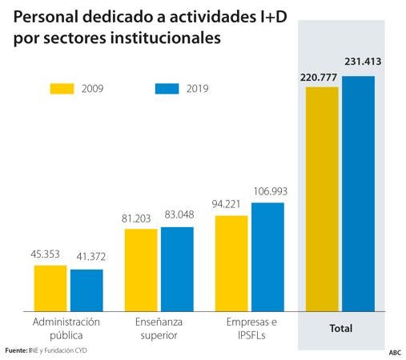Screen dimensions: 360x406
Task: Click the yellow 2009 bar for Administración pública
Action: tap(50, 287)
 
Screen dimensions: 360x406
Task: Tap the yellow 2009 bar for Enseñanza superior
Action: tap(141, 269)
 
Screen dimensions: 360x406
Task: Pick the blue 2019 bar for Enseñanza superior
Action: tap(177, 268)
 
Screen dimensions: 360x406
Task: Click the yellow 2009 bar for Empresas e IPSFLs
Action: tap(231, 262)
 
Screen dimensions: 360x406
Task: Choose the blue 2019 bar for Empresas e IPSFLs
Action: tap(267, 256)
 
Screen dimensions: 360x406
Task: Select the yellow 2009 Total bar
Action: tap(322, 198)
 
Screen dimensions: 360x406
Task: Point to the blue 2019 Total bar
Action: tap(358, 193)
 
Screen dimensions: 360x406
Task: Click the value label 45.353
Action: tap(49, 255)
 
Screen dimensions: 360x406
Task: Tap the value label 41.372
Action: tap(87, 257)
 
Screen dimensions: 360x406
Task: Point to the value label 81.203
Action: tap(140, 218)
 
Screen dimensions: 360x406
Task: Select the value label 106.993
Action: tap(269, 191)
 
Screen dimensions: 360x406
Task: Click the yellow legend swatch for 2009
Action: tap(62, 88)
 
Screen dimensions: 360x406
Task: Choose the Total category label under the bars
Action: tap(340, 329)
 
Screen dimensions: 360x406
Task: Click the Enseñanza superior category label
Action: tap(158, 328)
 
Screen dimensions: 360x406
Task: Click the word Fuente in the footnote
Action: tap(15, 350)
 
